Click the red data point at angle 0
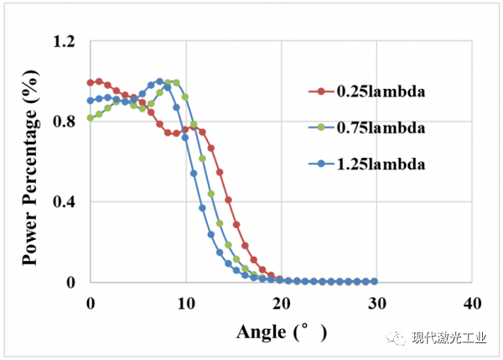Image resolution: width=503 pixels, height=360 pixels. click(91, 82)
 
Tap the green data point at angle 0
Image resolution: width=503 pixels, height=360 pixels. click(91, 118)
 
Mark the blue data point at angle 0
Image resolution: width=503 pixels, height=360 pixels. click(91, 101)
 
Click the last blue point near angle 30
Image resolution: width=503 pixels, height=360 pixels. click(374, 281)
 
